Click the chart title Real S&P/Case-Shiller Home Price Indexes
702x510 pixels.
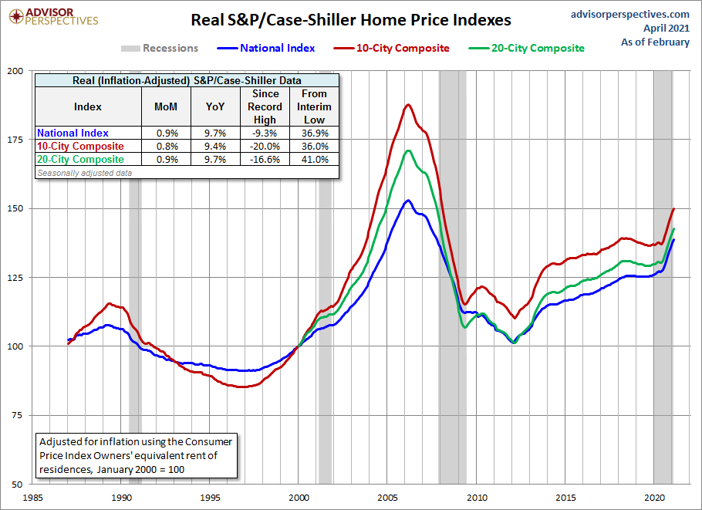point(351,19)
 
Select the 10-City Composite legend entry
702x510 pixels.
point(403,48)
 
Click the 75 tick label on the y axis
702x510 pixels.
point(16,414)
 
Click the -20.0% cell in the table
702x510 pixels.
point(265,147)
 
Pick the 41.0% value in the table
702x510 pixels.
point(314,160)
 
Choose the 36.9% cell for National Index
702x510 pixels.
point(314,133)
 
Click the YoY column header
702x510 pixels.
point(215,106)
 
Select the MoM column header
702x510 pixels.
point(166,106)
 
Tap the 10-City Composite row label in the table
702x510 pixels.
point(81,147)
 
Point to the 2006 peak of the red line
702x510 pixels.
point(408,105)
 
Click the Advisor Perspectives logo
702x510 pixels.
point(51,16)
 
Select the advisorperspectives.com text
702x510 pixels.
point(631,14)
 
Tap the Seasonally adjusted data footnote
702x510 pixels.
point(84,173)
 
